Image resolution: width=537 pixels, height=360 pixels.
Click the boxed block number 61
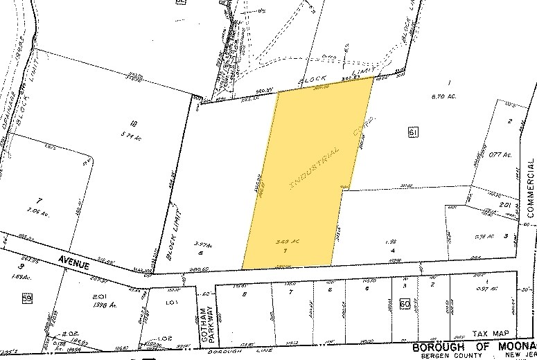414,132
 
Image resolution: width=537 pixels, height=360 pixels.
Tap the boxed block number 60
405,303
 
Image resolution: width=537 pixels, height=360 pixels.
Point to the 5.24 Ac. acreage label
134,136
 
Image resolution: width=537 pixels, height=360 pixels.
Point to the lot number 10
133,124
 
